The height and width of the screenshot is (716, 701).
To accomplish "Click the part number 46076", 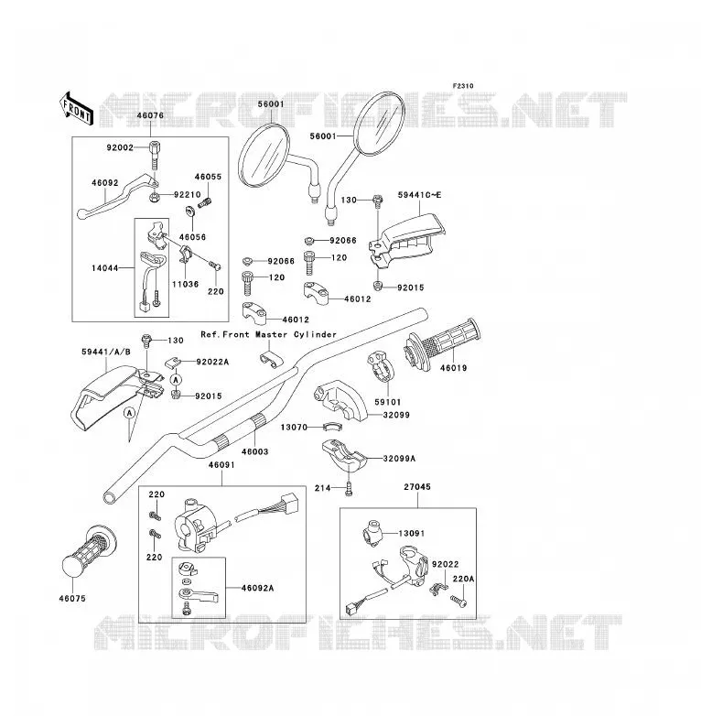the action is click(x=150, y=115).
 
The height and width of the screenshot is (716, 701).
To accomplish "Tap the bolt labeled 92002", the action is click(x=156, y=156).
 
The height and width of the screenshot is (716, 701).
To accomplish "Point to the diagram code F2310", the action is click(x=463, y=86).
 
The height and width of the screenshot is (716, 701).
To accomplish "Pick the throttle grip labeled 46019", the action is click(x=442, y=343).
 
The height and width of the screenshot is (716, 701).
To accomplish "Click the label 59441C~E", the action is click(x=419, y=195).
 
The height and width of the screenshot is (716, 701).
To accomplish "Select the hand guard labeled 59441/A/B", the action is click(x=116, y=397).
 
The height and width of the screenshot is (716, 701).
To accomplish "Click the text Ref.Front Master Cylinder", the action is click(x=268, y=335).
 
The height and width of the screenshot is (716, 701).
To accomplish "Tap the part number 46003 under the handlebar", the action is click(x=254, y=451).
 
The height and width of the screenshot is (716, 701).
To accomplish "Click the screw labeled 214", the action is click(x=350, y=489).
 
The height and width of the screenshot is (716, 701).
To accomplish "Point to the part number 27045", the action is click(x=417, y=487).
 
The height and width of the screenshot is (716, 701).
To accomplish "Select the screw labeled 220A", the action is click(x=458, y=601).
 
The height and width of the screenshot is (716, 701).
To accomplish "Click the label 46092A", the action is click(x=257, y=588).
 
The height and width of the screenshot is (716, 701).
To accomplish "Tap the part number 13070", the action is click(x=294, y=428).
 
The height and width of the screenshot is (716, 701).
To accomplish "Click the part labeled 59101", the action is click(x=381, y=365).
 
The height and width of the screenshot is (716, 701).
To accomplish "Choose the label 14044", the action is click(x=104, y=268).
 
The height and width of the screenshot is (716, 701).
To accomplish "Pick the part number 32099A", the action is click(x=399, y=459).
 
